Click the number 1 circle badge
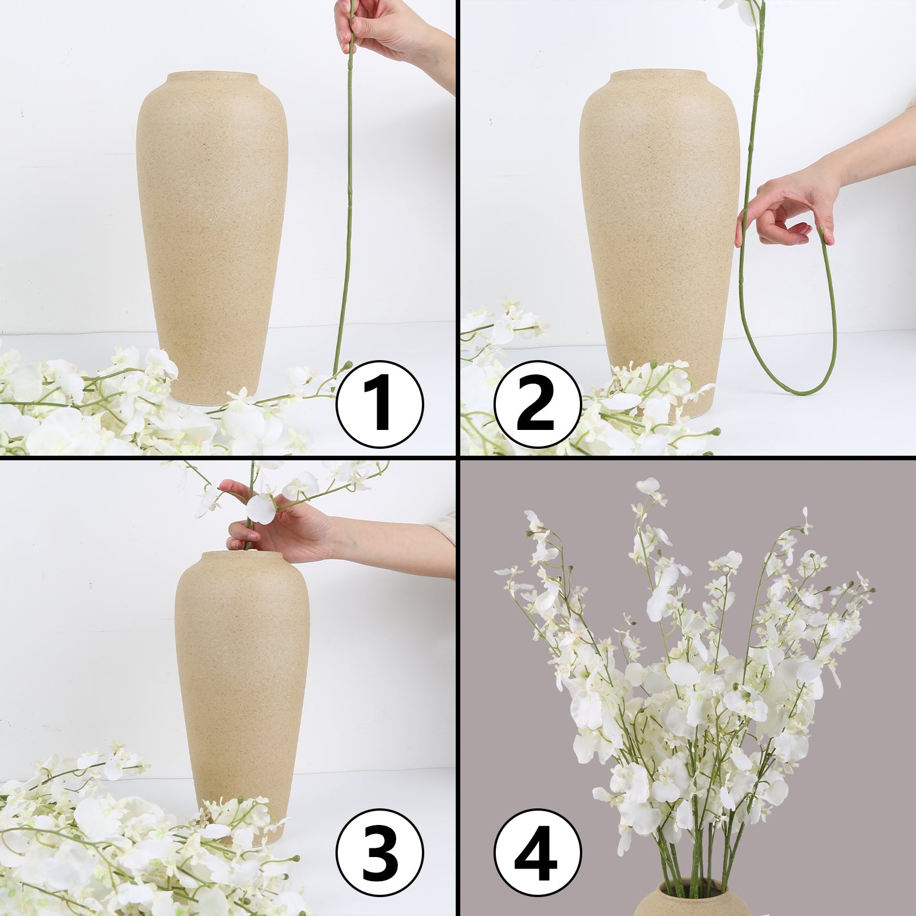pos(380,404)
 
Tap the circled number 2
pos(537,404)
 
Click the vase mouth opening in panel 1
pos(212,76)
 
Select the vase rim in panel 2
pos(658,74)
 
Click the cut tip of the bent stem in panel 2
pos(823,230)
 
